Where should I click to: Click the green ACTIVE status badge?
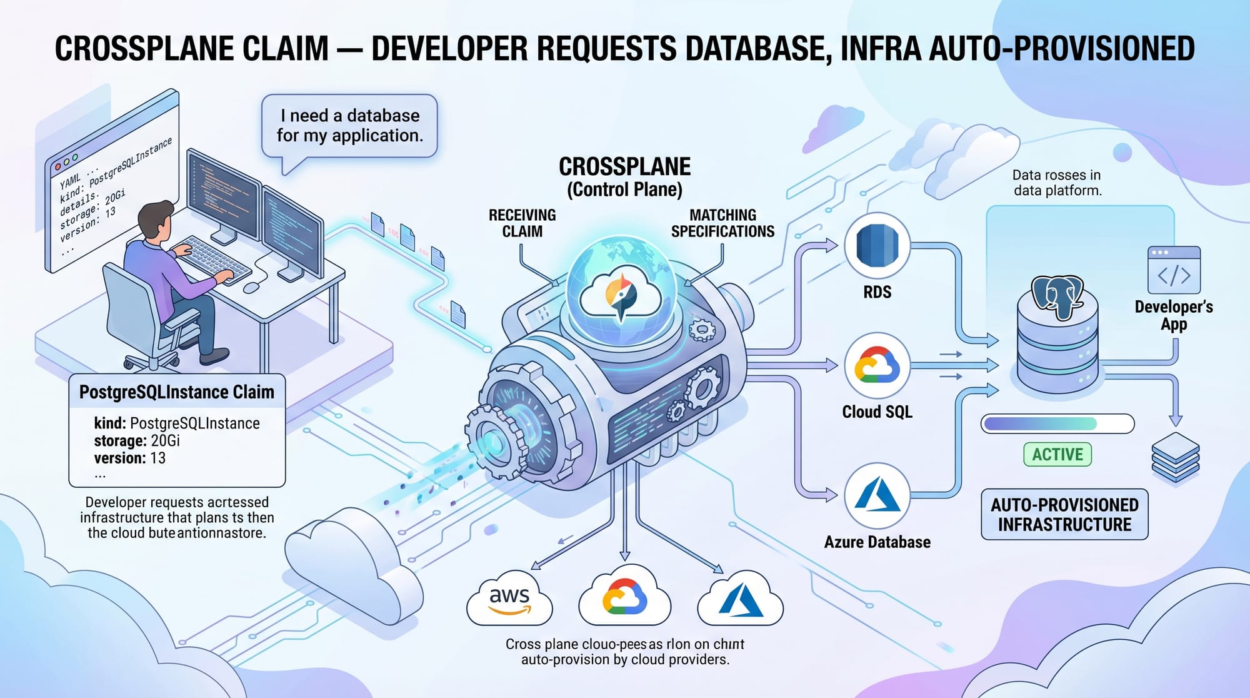point(1057,454)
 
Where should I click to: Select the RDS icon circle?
point(877,246)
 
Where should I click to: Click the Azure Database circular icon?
point(877,495)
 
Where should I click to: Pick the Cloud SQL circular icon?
point(877,366)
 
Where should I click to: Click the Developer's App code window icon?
point(1174,270)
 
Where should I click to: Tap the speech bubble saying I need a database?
point(349,126)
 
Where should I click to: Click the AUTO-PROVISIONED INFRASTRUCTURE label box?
point(1064,514)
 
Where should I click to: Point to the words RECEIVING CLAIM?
point(522,223)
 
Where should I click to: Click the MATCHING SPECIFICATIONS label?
point(722,223)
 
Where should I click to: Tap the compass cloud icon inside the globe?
point(621,295)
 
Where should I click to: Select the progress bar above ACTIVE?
point(1057,423)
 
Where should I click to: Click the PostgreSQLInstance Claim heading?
point(177,392)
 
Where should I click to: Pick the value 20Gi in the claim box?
point(166,441)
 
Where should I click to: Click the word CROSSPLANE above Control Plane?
point(624,167)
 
